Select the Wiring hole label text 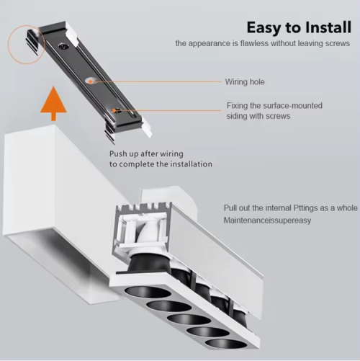(x=245, y=82)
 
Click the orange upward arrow (x=53, y=104)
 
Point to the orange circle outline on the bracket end (x=9, y=45)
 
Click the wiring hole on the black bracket (x=90, y=81)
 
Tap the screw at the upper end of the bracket (x=64, y=46)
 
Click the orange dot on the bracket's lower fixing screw (x=114, y=111)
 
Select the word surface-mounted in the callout (x=292, y=106)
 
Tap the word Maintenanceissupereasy (x=267, y=220)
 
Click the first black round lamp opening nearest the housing (x=148, y=293)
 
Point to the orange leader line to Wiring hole (x=158, y=81)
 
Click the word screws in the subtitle (x=338, y=44)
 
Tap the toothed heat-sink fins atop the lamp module (x=143, y=207)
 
